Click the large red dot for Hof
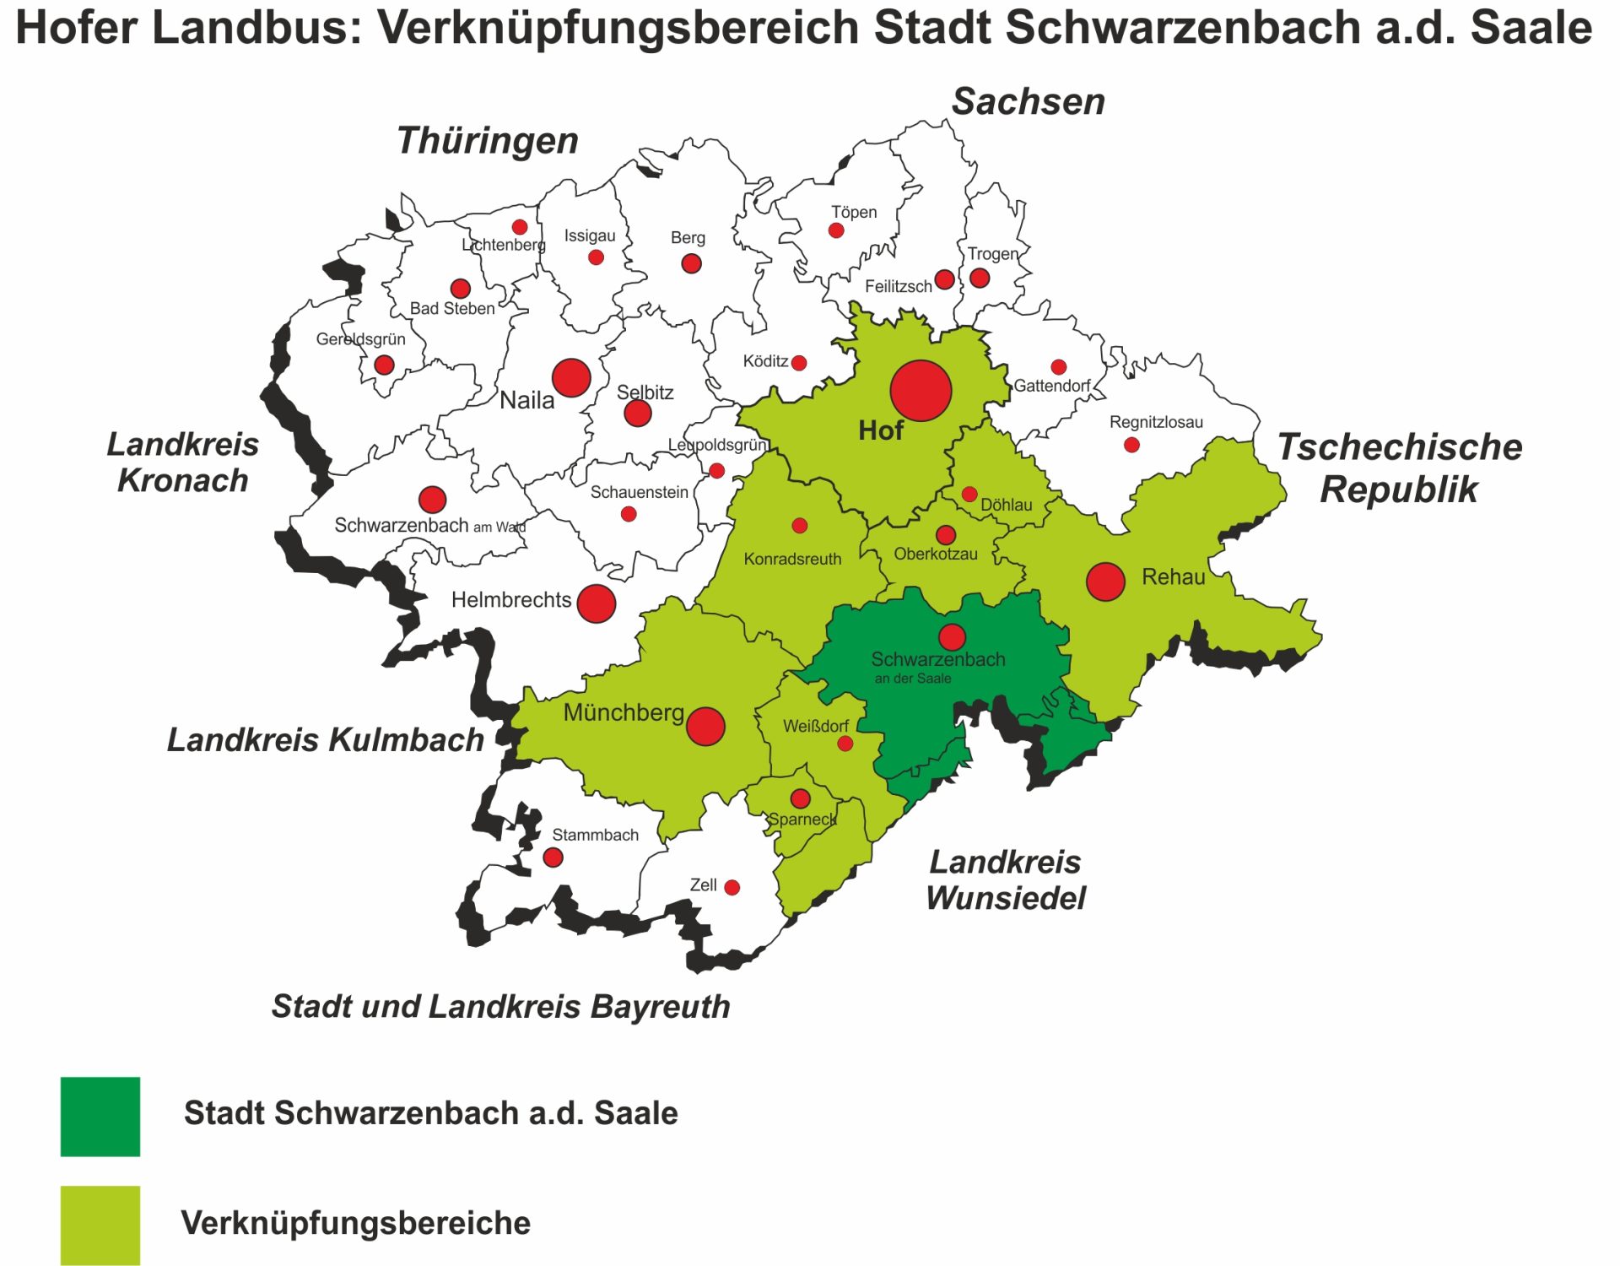(921, 391)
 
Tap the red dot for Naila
(571, 377)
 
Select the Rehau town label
(1173, 577)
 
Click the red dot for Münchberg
(705, 726)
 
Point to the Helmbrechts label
(510, 600)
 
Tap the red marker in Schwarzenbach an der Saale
(952, 637)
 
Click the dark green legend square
(100, 1116)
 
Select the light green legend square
(100, 1225)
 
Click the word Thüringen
(488, 141)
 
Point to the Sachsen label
(1028, 102)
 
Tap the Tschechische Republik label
(1399, 468)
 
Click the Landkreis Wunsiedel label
(1005, 880)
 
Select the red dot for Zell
(732, 887)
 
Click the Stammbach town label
(595, 835)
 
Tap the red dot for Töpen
(836, 230)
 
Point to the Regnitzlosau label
(1156, 422)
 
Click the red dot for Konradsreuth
(800, 526)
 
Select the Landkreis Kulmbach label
(325, 740)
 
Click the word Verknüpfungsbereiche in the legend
(355, 1223)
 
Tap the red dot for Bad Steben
(460, 289)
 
